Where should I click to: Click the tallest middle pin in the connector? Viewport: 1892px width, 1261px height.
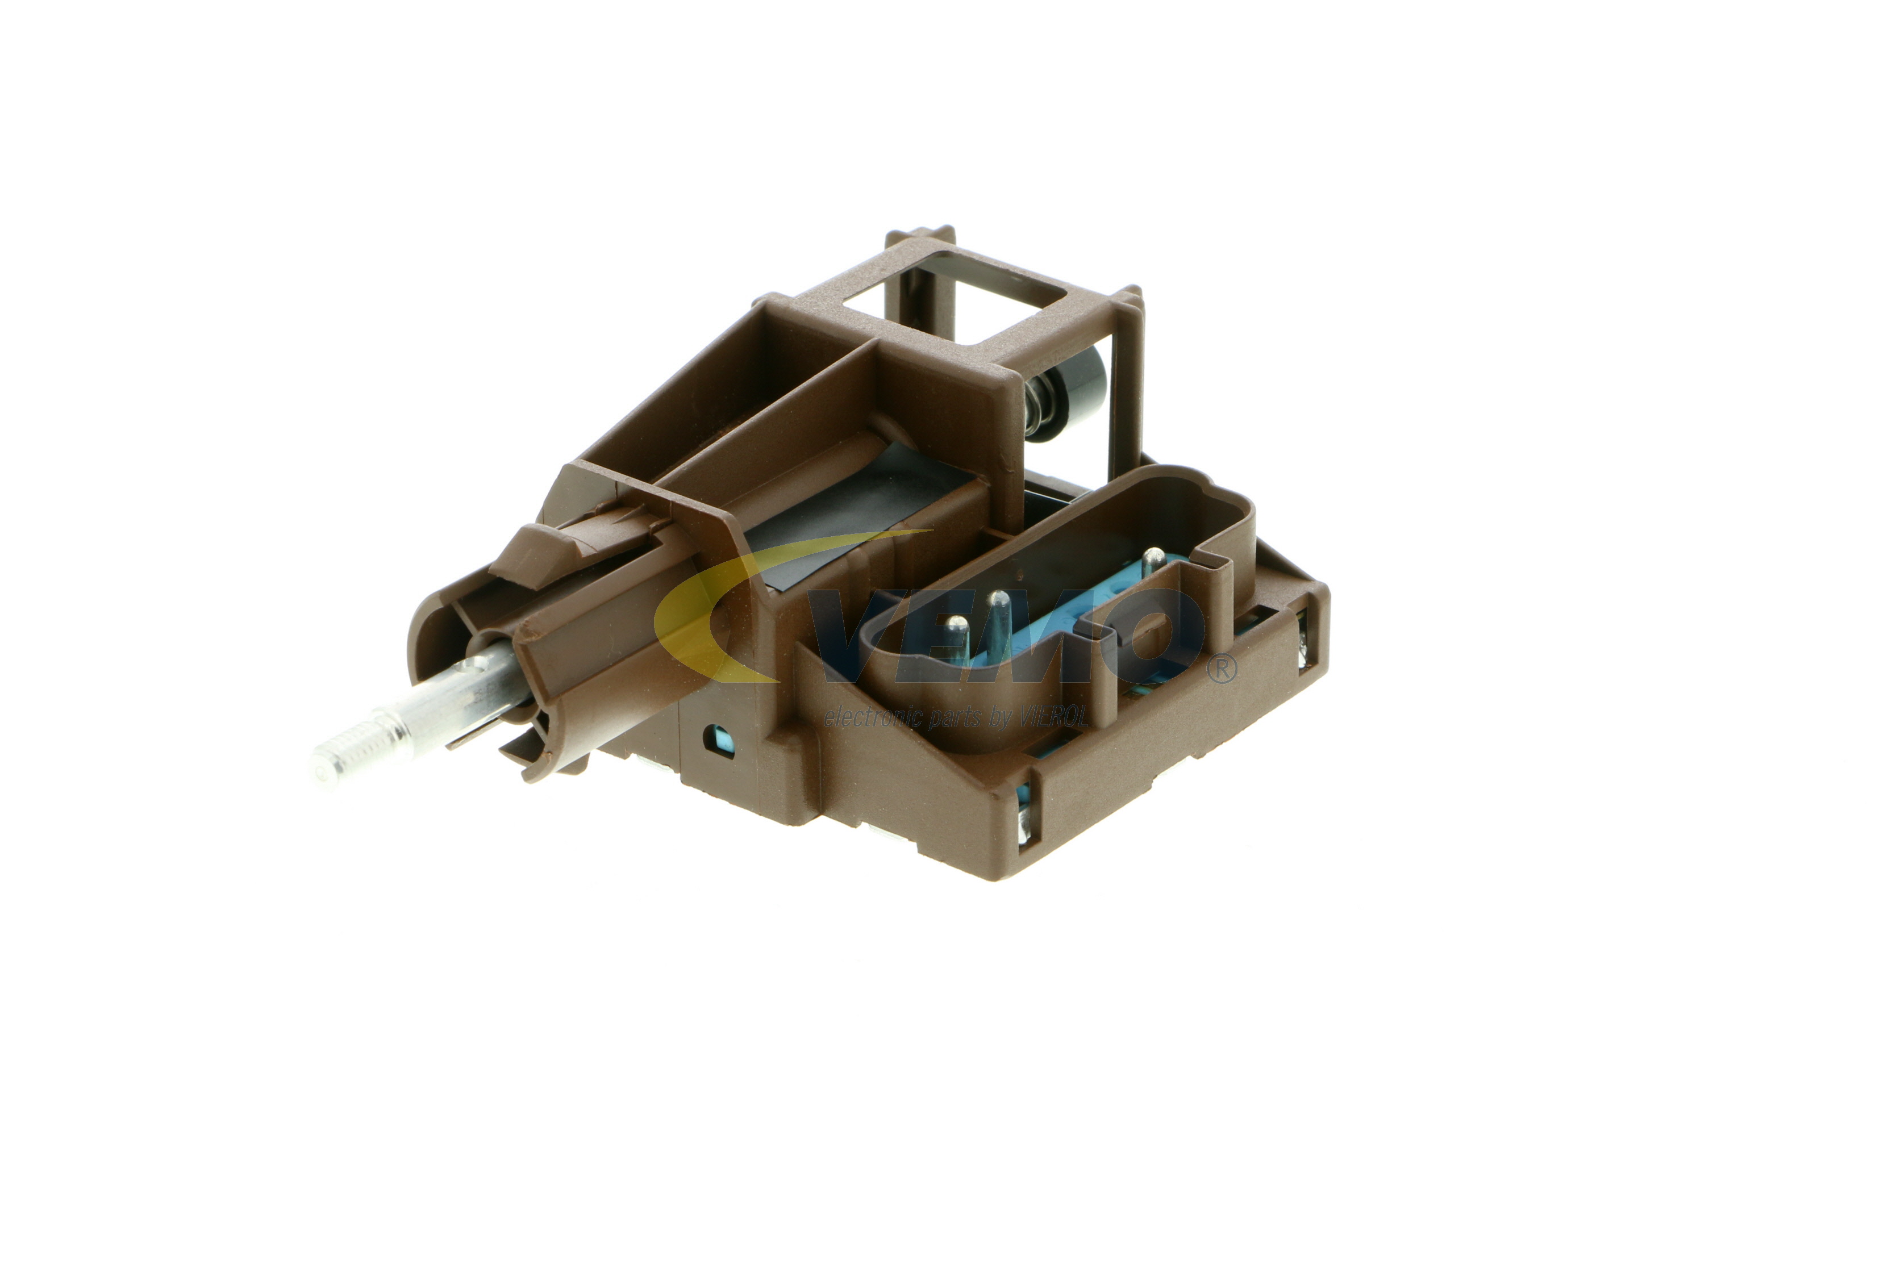pyautogui.click(x=998, y=623)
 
